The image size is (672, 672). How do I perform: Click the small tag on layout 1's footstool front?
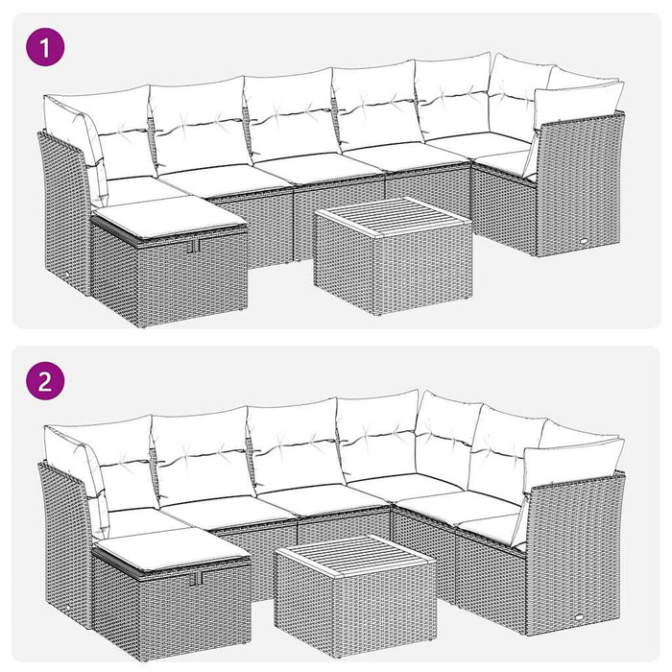pyautogui.click(x=196, y=246)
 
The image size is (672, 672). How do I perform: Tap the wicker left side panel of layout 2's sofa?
pyautogui.click(x=62, y=542)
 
